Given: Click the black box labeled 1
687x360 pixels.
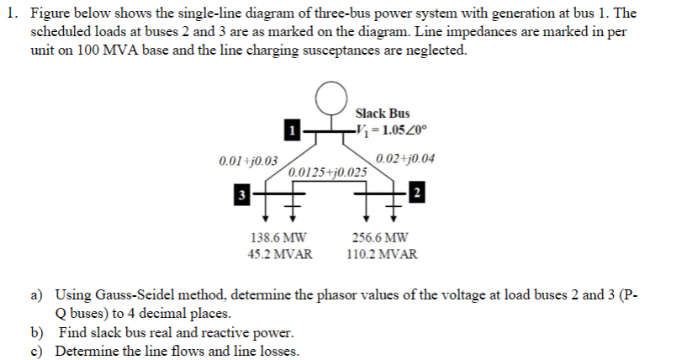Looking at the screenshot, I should click(290, 130).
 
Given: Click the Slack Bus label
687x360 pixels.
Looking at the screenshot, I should click(383, 113).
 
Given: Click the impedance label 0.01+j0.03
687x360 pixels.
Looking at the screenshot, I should click(250, 160).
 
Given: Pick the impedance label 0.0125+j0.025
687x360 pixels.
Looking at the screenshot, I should click(328, 172).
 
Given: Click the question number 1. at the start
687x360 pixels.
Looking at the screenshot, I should click(14, 13).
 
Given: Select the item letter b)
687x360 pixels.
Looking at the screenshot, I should click(39, 332).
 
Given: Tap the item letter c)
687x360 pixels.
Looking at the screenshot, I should click(39, 350).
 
